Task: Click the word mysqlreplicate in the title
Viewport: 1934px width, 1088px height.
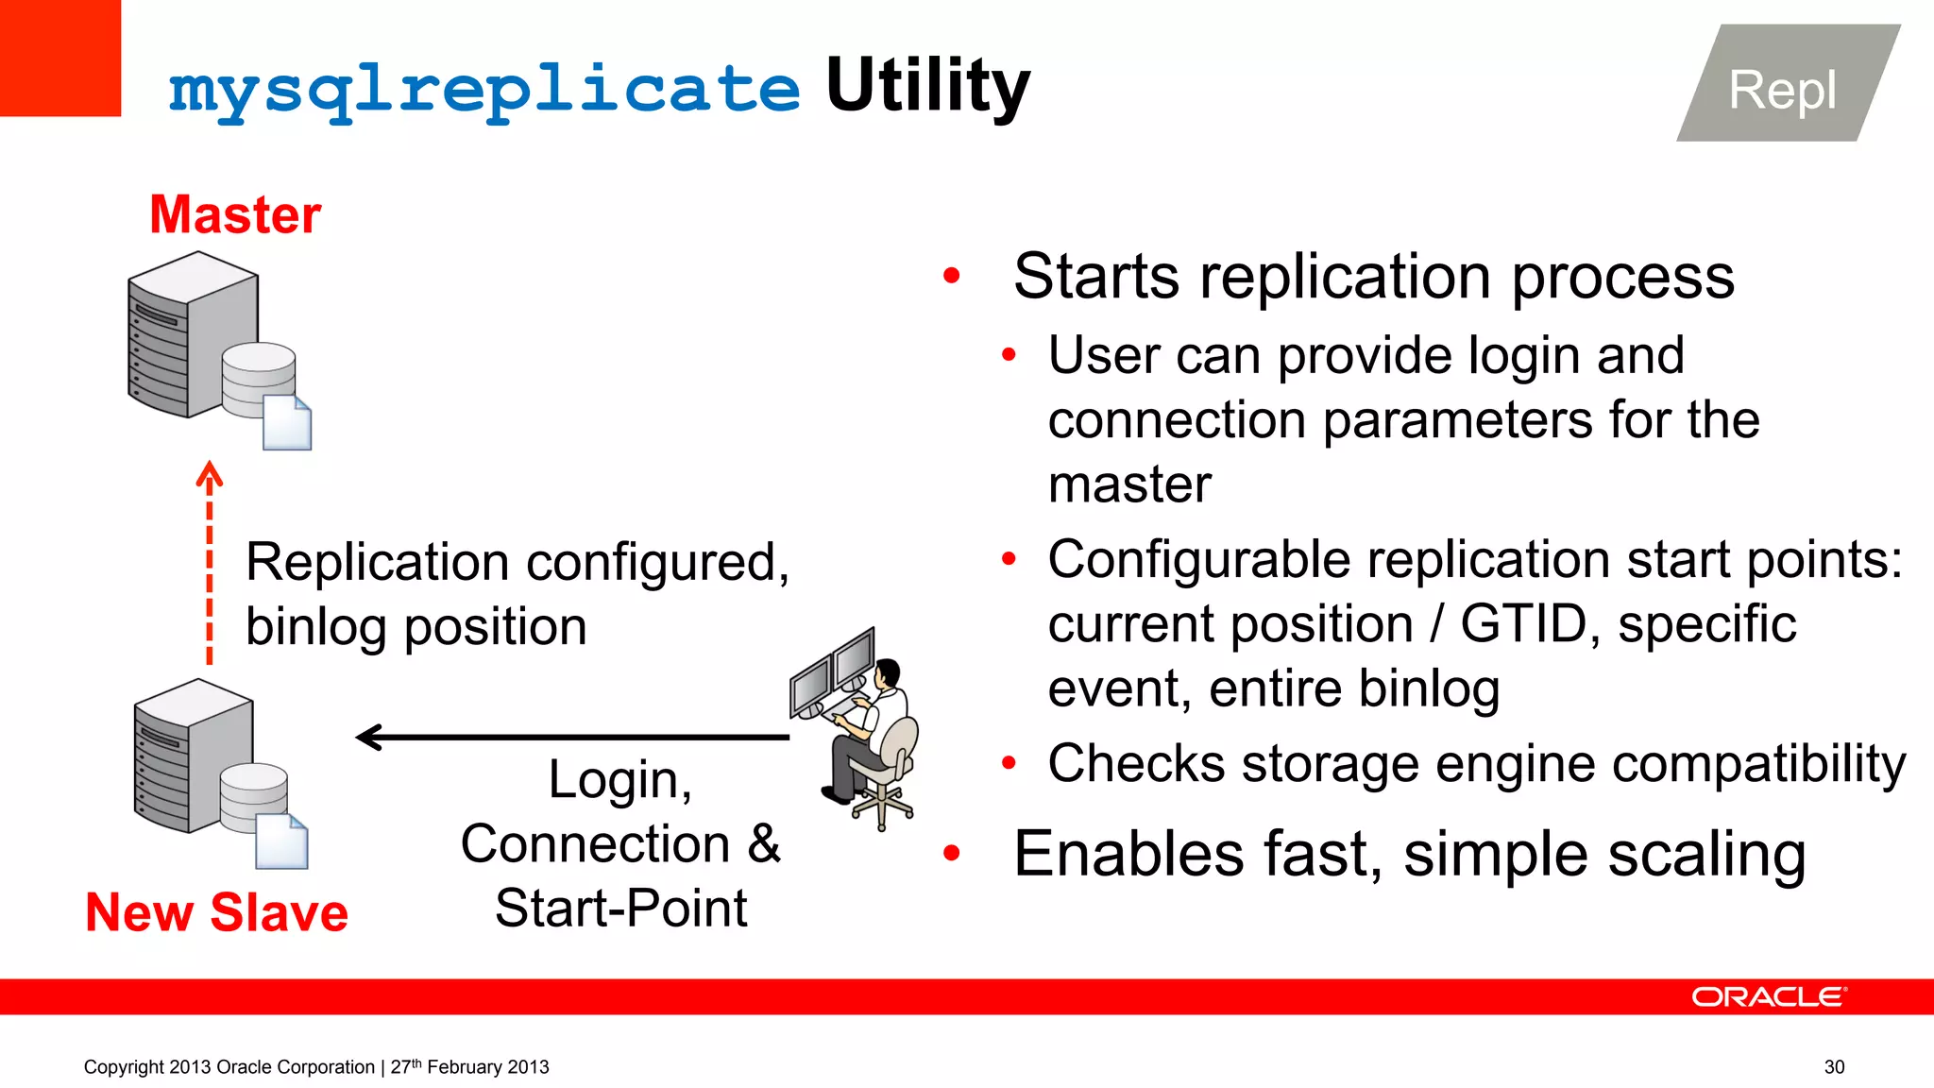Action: (483, 90)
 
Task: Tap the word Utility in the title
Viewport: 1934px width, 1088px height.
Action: (927, 87)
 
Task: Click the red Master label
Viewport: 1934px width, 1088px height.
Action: (235, 214)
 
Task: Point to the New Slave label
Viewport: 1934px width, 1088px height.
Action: (216, 912)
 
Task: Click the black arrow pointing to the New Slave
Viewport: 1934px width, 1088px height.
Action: (570, 737)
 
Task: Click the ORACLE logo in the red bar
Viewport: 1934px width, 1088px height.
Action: (1768, 997)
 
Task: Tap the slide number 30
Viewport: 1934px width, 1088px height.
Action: (1834, 1066)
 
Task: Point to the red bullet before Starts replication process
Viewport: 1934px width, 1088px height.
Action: (951, 276)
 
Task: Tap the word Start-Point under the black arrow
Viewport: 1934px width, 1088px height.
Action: (620, 909)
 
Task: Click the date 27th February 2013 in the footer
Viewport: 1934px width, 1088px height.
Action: (469, 1066)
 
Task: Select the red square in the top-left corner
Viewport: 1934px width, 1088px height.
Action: (59, 58)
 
